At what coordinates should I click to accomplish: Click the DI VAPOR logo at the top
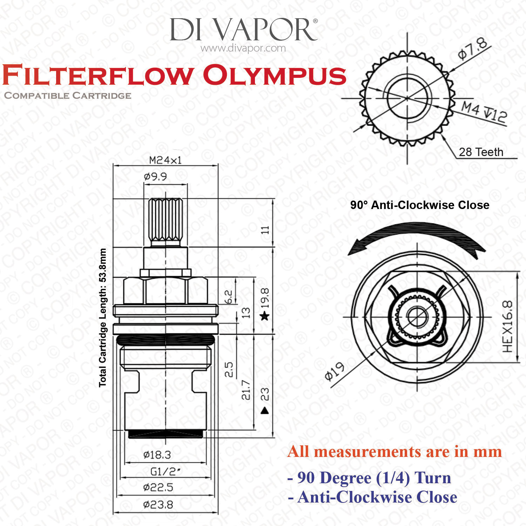tap(244, 29)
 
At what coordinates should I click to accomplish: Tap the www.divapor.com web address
tap(243, 48)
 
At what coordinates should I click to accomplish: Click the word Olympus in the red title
tap(275, 76)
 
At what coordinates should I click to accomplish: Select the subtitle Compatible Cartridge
tap(68, 95)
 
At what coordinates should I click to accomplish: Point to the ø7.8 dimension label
tap(473, 49)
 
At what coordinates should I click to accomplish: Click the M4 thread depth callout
tap(484, 112)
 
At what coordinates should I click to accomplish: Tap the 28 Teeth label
tap(481, 152)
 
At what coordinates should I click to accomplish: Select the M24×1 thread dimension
tap(166, 160)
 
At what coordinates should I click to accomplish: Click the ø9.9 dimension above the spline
tap(155, 176)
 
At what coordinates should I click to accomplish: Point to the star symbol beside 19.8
tap(265, 317)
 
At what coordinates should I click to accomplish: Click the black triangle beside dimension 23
tap(265, 410)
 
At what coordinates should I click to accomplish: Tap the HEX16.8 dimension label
tap(507, 326)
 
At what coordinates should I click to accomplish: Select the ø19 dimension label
tap(335, 372)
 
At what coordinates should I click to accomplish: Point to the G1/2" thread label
tap(166, 472)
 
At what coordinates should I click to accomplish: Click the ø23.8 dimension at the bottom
tap(158, 505)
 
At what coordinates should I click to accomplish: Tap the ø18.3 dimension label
tap(157, 455)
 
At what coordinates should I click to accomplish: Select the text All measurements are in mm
tap(394, 452)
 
